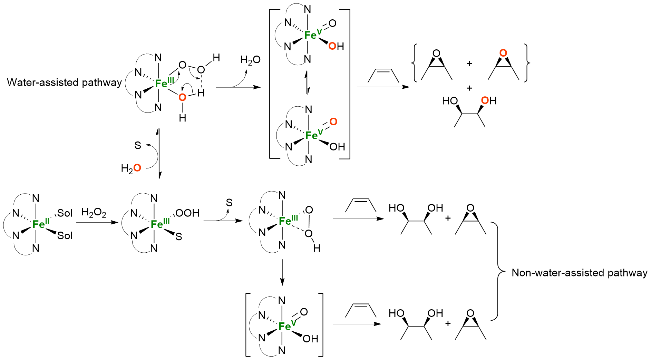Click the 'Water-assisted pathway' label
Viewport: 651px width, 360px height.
(x=64, y=82)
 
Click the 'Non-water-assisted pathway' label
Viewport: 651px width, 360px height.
(x=579, y=273)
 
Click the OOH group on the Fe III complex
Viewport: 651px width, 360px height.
(x=187, y=213)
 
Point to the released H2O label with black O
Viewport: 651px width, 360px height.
(x=250, y=60)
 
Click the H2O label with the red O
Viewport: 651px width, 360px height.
(x=131, y=168)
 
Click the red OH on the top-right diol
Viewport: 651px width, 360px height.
(x=488, y=101)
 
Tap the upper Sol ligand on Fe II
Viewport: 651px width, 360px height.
(x=65, y=213)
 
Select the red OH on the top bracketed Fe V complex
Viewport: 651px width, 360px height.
(x=336, y=46)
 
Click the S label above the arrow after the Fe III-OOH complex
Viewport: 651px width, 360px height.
(x=229, y=203)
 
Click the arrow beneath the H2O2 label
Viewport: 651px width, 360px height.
(x=97, y=223)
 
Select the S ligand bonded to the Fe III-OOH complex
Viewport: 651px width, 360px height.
(x=178, y=236)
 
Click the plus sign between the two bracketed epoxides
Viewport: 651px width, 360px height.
(x=469, y=64)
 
